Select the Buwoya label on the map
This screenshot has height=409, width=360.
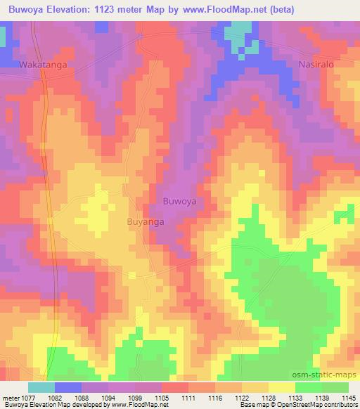(179, 202)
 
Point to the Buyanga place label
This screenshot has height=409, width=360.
(146, 221)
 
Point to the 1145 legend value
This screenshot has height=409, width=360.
(349, 397)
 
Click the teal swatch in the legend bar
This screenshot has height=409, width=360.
(41, 387)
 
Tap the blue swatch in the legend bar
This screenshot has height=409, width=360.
(68, 387)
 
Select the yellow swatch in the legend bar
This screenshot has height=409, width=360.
(282, 387)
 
